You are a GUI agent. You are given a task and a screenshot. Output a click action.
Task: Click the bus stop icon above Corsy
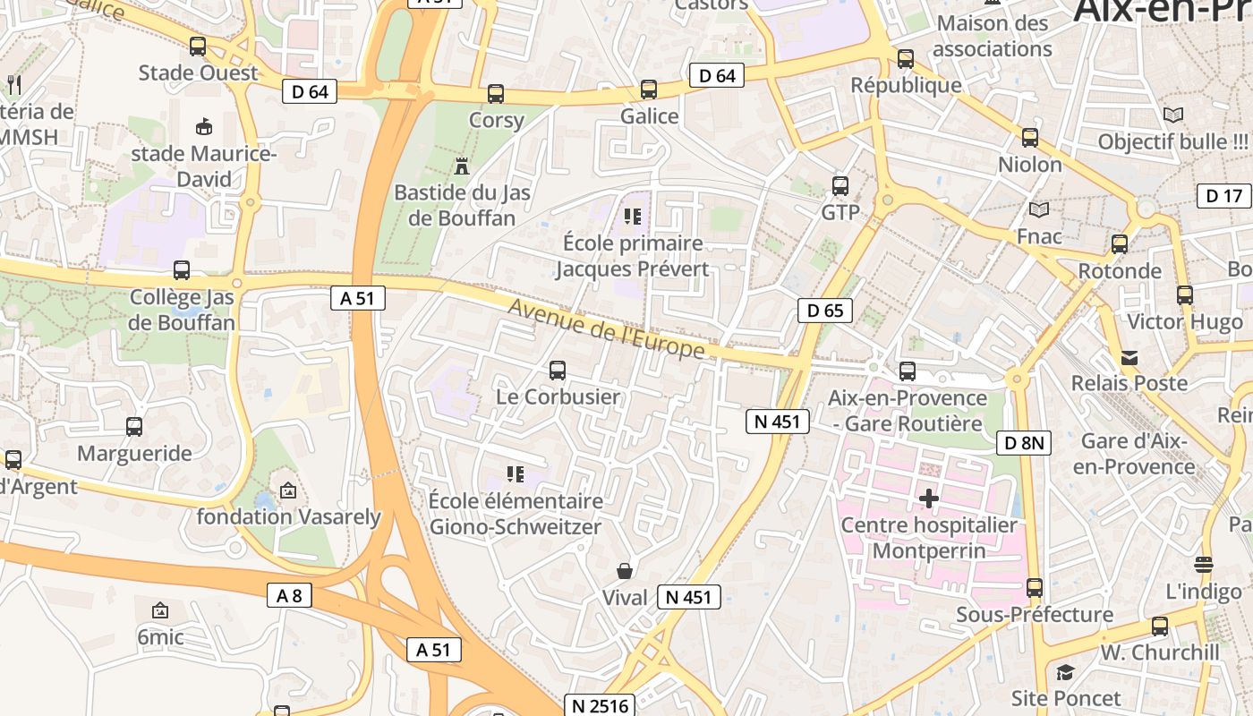pos(496,93)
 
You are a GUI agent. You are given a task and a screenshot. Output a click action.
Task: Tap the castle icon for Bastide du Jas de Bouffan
pos(462,166)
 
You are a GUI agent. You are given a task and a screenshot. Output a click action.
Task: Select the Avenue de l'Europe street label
pos(607,330)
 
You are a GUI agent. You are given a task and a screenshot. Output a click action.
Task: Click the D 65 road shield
pos(825,311)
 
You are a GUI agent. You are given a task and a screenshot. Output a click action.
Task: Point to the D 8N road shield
pos(1024,442)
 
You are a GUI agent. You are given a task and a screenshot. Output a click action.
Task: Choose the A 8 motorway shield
pos(289,594)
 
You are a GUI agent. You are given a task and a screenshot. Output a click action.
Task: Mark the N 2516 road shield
pos(600,705)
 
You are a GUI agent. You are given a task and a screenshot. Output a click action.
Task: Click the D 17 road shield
pos(1224,196)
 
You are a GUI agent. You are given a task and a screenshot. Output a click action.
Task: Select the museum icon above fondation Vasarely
pos(288,490)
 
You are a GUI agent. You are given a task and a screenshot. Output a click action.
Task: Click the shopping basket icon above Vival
pos(625,571)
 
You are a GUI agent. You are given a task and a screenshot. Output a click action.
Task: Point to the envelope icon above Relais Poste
pos(1130,357)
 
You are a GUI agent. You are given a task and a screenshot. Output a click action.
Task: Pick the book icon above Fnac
pos(1039,210)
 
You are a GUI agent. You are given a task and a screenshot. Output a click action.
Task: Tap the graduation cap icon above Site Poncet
pos(1065,671)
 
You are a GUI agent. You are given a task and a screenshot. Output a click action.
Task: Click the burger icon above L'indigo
pos(1204,565)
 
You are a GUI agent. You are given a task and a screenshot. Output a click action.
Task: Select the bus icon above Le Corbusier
pos(558,370)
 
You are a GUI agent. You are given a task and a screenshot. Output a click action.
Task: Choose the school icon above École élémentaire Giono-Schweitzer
pos(515,473)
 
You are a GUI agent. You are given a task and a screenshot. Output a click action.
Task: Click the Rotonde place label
pos(1120,270)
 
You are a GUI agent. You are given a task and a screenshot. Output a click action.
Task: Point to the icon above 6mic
pos(160,610)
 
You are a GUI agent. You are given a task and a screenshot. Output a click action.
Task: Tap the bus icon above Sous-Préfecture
pos(1035,588)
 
